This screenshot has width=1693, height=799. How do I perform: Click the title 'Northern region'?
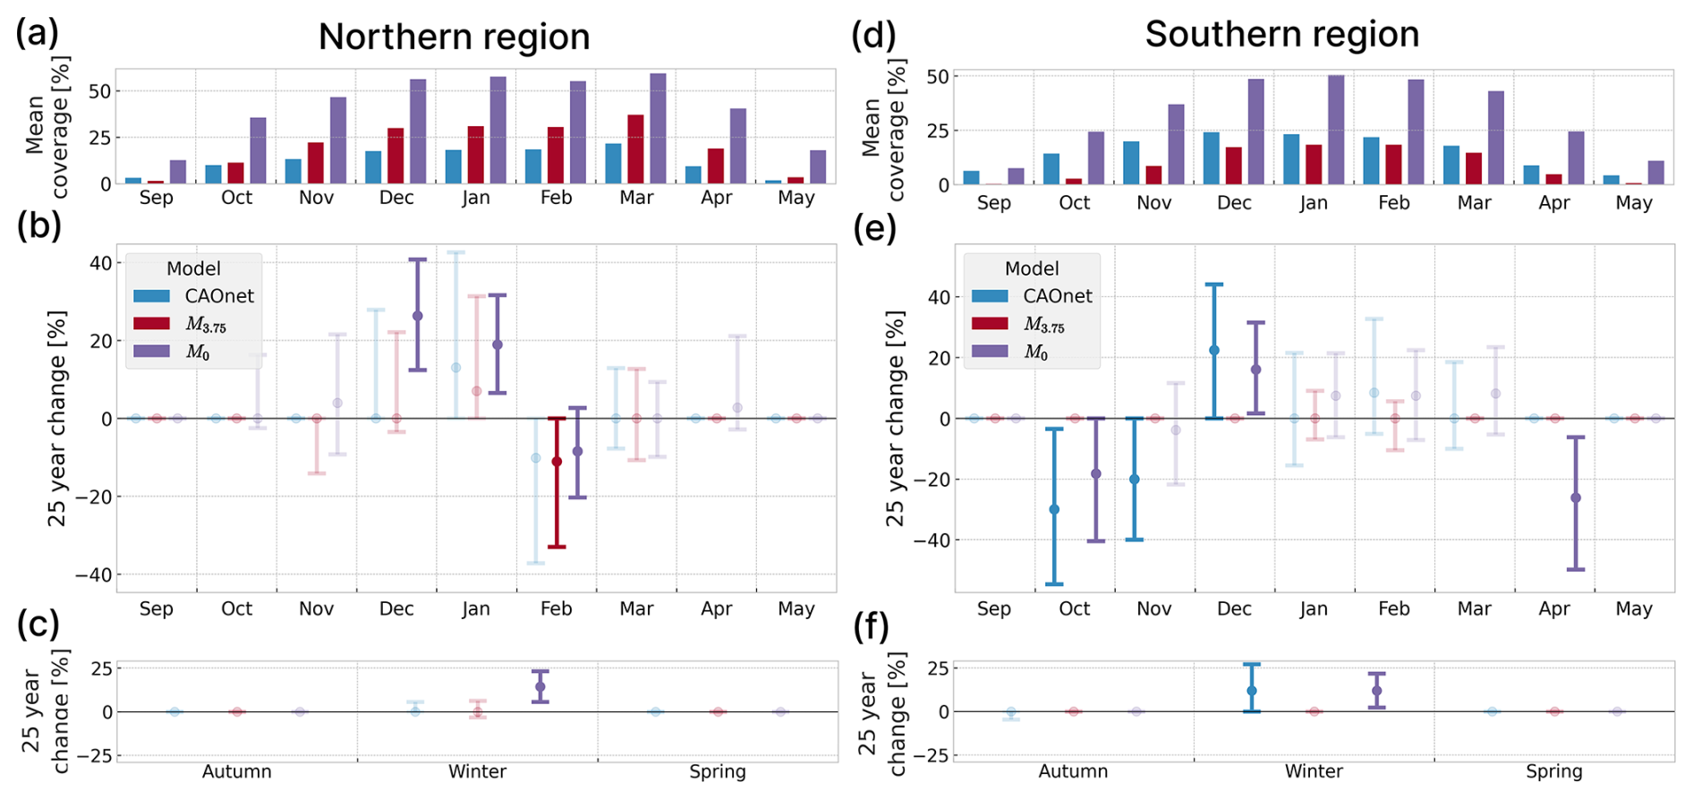pos(454,38)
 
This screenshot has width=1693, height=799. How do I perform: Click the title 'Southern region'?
pos(1281,35)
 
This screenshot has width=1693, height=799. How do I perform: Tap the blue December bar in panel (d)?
pos(1211,158)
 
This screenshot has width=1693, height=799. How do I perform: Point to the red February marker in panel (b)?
pos(557,462)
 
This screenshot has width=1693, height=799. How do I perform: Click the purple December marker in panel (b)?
pos(418,316)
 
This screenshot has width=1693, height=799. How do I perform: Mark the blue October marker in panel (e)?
pos(1054,509)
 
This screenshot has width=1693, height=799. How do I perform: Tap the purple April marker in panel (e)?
pos(1576,497)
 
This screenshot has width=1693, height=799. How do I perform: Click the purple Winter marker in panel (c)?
pos(540,687)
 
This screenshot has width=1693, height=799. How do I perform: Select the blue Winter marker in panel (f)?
pos(1252,691)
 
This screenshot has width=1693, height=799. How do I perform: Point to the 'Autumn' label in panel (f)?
pos(1073,771)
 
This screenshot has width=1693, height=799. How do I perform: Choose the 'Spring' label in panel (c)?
pos(718,771)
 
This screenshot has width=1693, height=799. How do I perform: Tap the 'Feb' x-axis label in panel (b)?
pos(556,608)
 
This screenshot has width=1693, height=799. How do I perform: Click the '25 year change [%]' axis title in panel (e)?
pos(895,418)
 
